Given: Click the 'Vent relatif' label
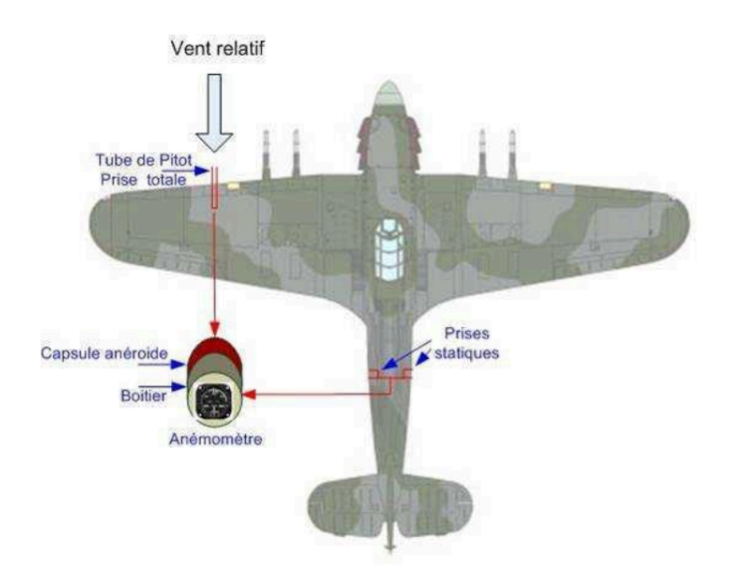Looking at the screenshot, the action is click(218, 49).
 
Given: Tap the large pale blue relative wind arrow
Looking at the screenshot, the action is click(214, 113).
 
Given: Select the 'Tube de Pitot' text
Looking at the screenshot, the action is click(144, 159).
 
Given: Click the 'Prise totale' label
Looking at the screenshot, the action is click(143, 179).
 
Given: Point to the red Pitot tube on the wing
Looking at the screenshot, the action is click(215, 187).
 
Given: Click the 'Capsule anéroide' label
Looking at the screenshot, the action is click(104, 353).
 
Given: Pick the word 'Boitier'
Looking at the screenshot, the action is click(143, 396).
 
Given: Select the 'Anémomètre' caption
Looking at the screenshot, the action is click(215, 440).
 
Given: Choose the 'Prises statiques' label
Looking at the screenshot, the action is click(466, 343).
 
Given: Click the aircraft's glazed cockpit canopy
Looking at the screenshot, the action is click(389, 249).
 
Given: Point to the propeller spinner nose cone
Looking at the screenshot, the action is click(388, 97).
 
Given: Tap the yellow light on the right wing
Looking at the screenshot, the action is click(545, 185).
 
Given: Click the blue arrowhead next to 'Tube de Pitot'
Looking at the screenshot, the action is click(202, 170).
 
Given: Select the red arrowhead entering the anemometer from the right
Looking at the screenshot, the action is click(249, 395).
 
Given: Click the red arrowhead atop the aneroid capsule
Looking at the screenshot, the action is click(215, 328).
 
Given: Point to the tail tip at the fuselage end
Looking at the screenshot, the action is click(389, 548).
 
